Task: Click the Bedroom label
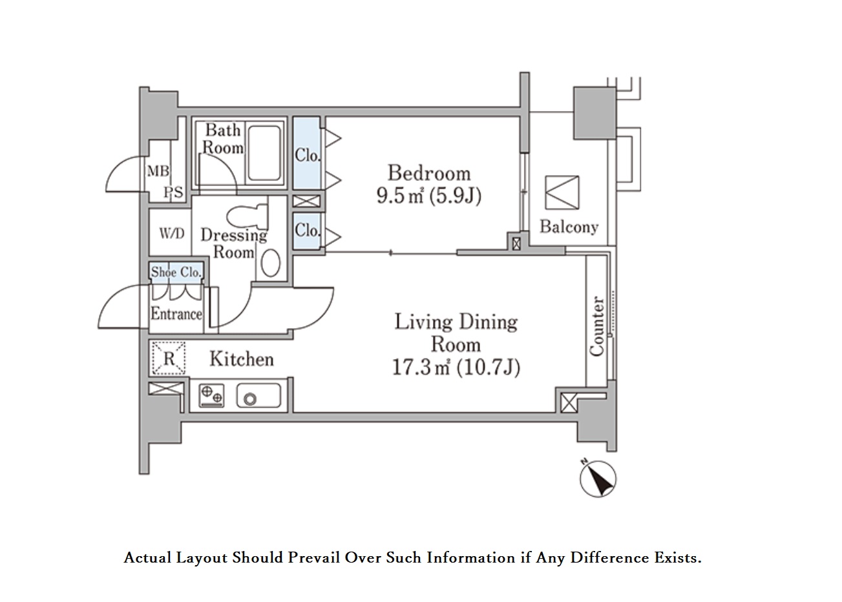point(429,173)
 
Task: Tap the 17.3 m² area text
point(421,367)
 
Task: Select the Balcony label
point(569,227)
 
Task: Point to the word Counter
point(596,326)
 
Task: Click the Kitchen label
point(242,359)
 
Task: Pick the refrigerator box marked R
point(169,358)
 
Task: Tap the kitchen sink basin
point(258,396)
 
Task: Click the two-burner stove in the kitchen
point(211,396)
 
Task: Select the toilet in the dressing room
point(247,216)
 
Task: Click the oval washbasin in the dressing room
point(271,263)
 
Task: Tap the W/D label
point(172,234)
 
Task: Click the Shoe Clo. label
point(176,272)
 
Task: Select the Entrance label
point(176,313)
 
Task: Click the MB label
point(158,171)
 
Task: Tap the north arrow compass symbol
point(598,479)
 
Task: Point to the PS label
point(173,192)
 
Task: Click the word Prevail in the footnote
point(313,557)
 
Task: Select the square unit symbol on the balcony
point(562,192)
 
